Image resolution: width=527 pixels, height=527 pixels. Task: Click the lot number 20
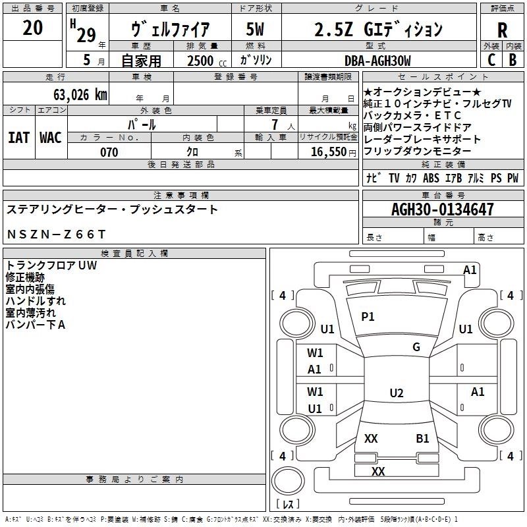[x=32, y=28]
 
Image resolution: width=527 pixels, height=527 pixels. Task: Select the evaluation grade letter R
[x=503, y=30]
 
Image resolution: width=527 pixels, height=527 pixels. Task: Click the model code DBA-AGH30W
[x=377, y=61]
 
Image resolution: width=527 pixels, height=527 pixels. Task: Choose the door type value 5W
[x=255, y=30]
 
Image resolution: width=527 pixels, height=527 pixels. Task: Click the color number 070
[x=109, y=152]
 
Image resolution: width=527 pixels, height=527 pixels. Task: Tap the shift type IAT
[x=18, y=137]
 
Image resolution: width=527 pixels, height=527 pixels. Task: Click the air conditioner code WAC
[x=50, y=137]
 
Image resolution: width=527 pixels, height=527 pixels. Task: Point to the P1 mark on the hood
[x=368, y=317]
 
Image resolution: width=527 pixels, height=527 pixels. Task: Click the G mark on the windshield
[x=416, y=347]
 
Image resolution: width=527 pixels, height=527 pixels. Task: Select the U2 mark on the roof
[x=396, y=393]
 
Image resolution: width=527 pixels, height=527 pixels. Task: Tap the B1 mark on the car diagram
[x=422, y=439]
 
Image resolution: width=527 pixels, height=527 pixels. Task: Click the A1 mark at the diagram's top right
[x=470, y=269]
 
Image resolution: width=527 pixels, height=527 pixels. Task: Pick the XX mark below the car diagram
[x=378, y=472]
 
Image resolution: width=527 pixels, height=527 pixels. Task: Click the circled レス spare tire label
[x=288, y=504]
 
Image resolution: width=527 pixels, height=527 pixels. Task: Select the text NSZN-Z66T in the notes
[x=56, y=234]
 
